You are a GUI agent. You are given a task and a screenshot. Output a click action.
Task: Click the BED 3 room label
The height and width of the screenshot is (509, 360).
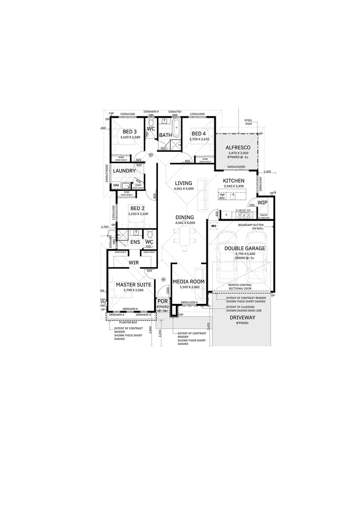(130, 131)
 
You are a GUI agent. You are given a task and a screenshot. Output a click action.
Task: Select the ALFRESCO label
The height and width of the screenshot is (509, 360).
(237, 148)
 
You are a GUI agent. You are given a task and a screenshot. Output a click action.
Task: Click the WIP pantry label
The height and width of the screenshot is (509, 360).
(262, 202)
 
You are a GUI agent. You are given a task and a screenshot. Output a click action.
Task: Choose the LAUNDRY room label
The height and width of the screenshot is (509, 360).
(124, 171)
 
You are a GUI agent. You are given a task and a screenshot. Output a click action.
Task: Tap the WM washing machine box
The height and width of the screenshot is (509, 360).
(116, 186)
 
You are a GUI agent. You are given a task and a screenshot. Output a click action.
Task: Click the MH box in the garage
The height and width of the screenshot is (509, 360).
(213, 227)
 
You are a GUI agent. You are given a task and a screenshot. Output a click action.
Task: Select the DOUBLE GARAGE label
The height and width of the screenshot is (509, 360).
(245, 248)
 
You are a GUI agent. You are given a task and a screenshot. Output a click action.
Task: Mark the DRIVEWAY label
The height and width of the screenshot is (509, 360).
(242, 318)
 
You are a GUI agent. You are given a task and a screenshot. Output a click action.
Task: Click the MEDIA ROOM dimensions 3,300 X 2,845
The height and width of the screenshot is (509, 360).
(188, 287)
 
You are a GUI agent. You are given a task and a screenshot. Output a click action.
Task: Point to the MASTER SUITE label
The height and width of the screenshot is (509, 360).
(133, 285)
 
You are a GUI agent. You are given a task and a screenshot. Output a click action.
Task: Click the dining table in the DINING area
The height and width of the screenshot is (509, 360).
(185, 234)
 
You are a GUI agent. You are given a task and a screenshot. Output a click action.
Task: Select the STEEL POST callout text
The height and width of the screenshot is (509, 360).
(248, 122)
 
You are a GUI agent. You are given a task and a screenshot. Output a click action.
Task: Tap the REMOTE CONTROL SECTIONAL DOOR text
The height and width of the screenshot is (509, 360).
(240, 287)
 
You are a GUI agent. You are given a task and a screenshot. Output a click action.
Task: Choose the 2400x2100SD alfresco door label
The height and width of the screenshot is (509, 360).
(236, 167)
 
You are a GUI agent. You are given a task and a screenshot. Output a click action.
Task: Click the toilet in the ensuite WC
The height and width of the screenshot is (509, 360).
(149, 234)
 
